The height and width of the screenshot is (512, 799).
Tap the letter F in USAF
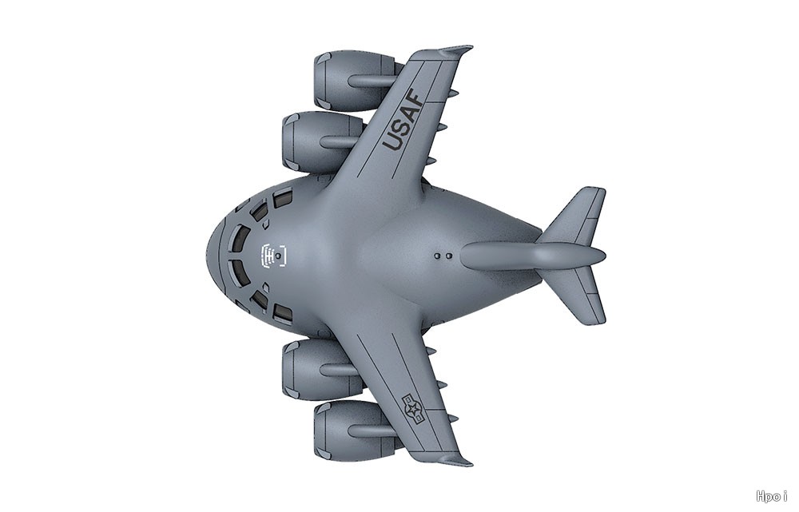415,101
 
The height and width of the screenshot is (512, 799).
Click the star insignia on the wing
413,408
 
